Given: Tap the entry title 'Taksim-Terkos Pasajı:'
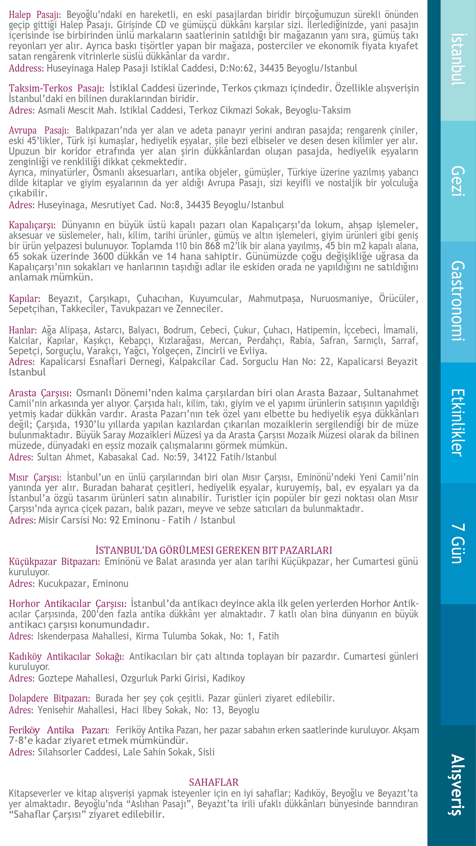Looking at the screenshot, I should click(x=56, y=88).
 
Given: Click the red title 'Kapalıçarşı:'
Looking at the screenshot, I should click(x=32, y=225).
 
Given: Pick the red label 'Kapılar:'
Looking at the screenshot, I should click(x=25, y=299).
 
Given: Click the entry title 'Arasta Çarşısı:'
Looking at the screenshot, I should click(x=40, y=393).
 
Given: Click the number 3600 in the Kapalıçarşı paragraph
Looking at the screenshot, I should click(x=103, y=257).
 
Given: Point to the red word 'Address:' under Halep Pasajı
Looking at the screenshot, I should click(x=26, y=68).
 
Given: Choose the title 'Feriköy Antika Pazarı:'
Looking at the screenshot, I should click(x=59, y=730).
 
